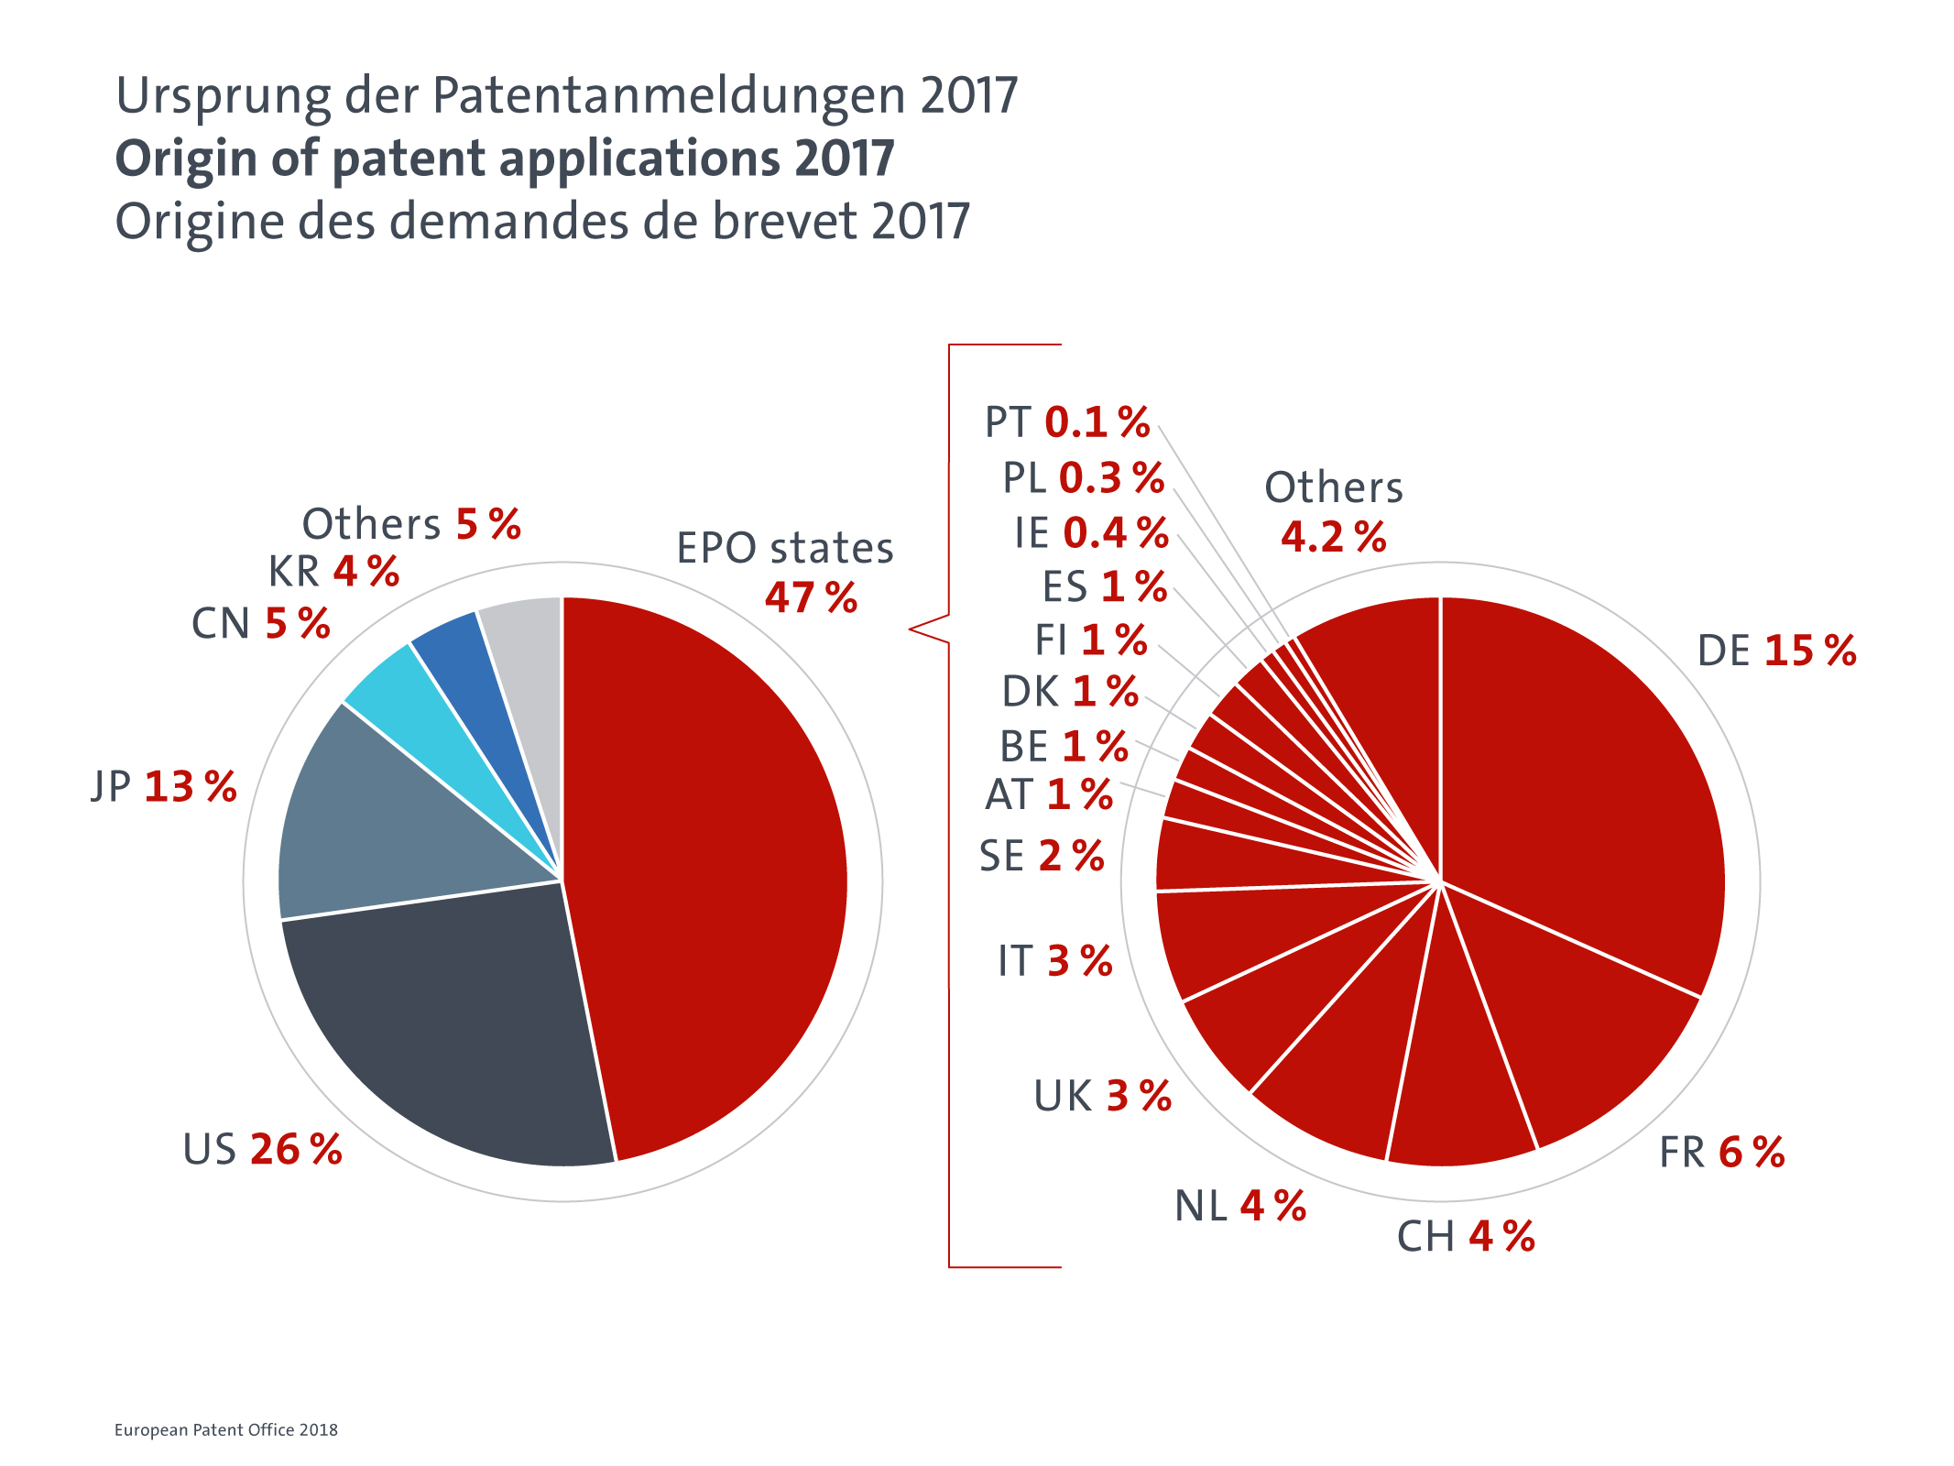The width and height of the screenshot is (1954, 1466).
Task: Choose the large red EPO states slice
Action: (705, 870)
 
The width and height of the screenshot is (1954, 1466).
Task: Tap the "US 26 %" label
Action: (262, 1150)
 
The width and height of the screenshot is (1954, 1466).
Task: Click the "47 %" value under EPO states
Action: (811, 598)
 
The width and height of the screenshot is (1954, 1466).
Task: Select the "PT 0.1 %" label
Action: (1067, 423)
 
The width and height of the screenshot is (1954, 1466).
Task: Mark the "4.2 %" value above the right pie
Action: (1334, 537)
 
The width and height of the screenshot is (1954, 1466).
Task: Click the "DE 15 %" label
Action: (1776, 651)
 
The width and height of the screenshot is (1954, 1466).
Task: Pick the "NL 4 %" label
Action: (1240, 1207)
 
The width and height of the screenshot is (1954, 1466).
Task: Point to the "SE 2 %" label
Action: (1042, 857)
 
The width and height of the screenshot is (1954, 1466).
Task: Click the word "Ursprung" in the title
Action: (224, 97)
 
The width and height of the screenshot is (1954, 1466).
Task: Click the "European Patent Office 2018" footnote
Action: (226, 1430)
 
